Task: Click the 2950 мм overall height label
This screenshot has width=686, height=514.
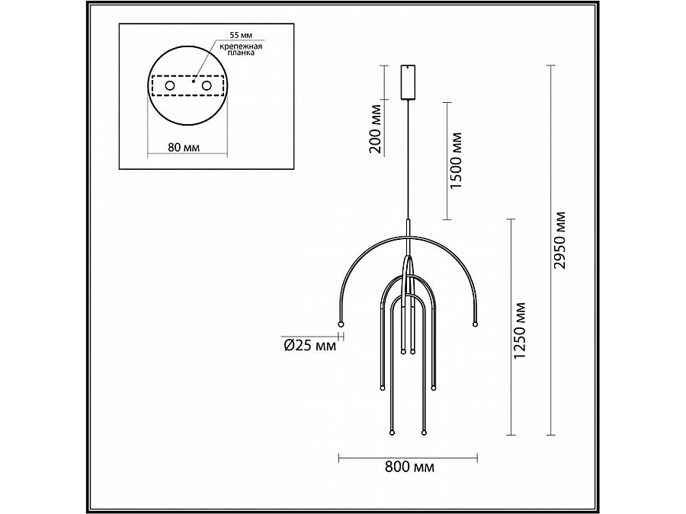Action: point(559,241)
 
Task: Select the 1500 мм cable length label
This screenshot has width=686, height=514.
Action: point(456,161)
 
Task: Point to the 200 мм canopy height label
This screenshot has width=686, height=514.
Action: point(375,129)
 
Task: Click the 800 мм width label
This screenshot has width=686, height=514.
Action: point(410,468)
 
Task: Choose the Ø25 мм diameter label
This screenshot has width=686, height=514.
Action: point(310,346)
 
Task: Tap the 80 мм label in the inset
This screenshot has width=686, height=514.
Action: point(184,147)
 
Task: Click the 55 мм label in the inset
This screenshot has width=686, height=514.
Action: point(242,35)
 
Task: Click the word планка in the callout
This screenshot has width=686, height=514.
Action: point(241,53)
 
